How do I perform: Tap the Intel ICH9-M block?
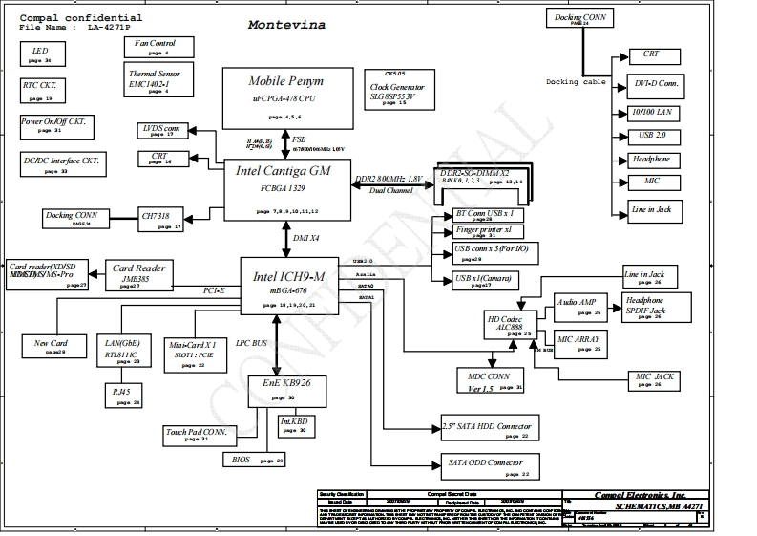click(x=288, y=286)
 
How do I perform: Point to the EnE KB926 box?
click(x=285, y=388)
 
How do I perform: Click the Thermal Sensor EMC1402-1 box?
click(x=159, y=79)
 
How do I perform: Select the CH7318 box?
click(x=159, y=221)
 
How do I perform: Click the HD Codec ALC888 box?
click(x=507, y=325)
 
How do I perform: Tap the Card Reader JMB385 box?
click(x=135, y=275)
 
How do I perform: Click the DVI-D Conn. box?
click(x=655, y=86)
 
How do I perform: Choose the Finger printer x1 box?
click(x=483, y=231)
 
